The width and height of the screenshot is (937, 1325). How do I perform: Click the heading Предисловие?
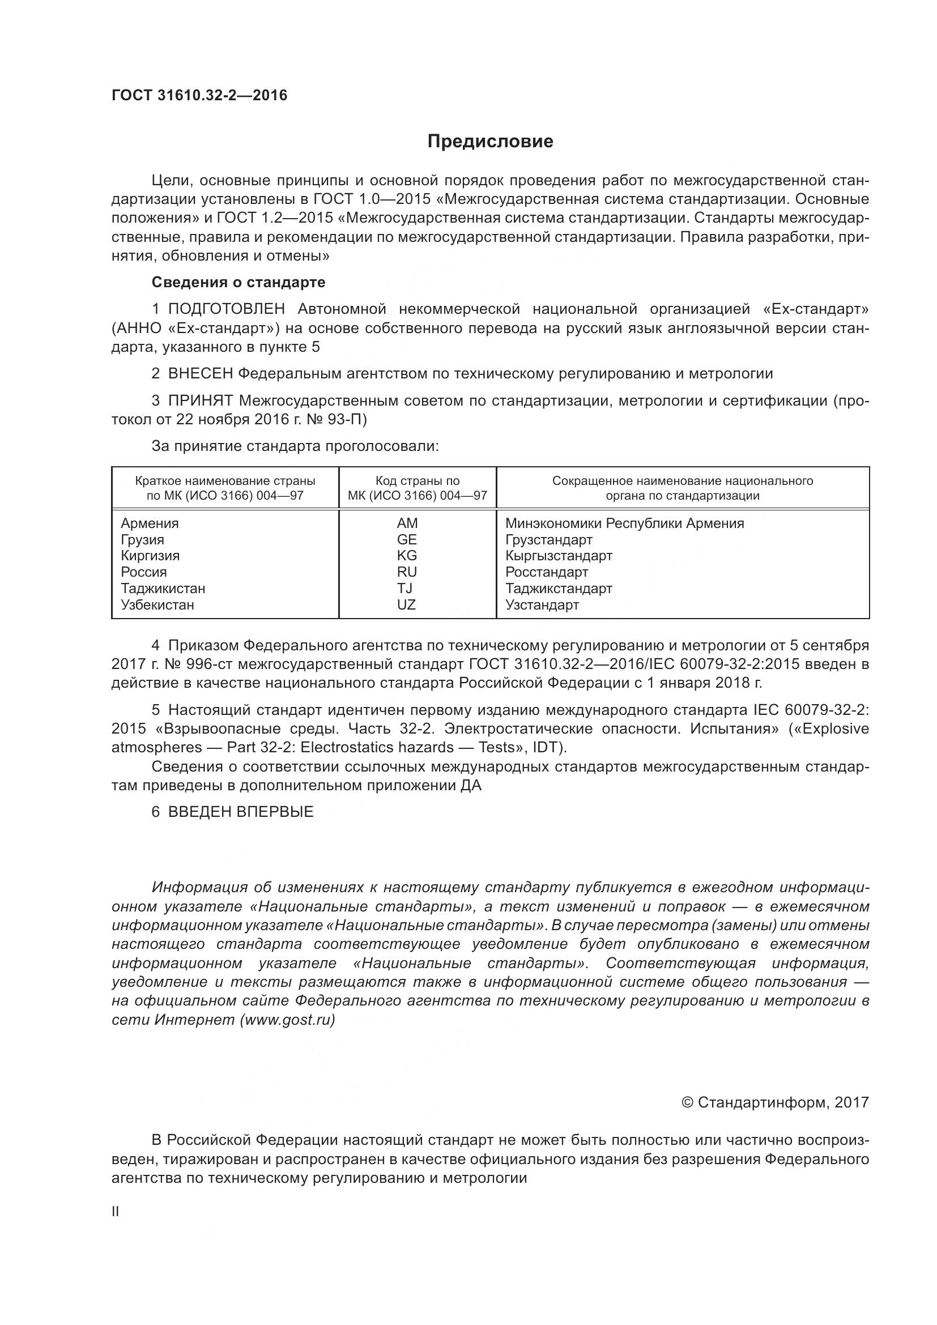point(490,142)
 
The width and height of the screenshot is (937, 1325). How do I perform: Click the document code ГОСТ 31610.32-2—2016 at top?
point(199,95)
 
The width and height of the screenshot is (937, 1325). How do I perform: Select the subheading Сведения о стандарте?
point(238,282)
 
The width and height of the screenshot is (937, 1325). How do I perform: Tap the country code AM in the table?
point(407,523)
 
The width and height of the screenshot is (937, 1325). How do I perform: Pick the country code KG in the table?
point(407,556)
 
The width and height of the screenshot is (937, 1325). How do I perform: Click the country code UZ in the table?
point(407,605)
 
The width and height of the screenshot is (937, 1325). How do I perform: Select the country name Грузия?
point(143,540)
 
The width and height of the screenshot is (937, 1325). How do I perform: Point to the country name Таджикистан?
point(163,589)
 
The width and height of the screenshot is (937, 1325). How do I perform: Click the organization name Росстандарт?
point(546,573)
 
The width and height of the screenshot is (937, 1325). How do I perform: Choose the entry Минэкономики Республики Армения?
point(624,523)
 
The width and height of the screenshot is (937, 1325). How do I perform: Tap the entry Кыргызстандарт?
point(559,556)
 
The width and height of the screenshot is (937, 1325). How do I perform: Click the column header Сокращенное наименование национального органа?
point(683,488)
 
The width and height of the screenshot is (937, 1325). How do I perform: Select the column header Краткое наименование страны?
point(225,488)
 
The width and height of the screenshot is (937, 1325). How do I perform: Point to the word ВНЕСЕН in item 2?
point(200,374)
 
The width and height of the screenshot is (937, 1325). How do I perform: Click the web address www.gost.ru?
point(287,1020)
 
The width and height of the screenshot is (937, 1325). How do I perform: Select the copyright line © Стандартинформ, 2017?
point(775,1102)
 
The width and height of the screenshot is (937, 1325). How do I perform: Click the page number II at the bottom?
point(116,1212)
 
